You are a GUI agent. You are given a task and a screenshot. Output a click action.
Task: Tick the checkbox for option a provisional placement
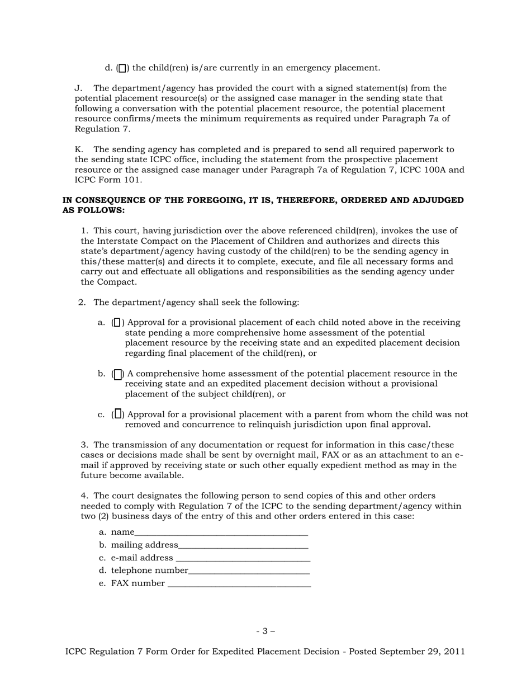[117, 323]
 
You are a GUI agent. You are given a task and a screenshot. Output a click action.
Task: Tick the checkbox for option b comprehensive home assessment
[117, 374]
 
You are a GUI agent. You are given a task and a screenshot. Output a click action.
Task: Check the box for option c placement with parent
[117, 414]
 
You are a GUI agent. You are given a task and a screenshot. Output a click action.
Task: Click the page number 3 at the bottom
[265, 632]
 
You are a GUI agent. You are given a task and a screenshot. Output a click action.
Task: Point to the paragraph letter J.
[78, 88]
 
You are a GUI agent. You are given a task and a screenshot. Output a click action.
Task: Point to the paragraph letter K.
[78, 149]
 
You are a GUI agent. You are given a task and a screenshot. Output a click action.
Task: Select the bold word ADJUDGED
[436, 200]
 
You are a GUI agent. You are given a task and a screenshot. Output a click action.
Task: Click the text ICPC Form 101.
[108, 180]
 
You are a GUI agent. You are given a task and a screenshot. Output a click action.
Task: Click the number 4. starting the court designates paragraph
[84, 496]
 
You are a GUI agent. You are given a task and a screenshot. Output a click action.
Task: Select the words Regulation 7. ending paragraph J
[102, 129]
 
